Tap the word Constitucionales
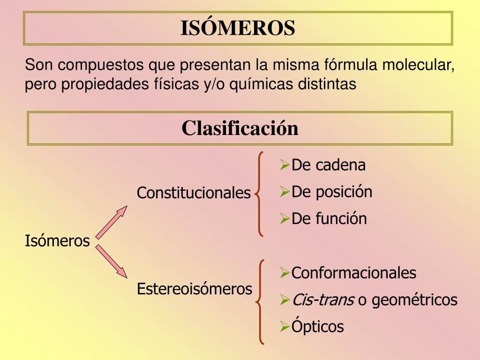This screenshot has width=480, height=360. tap(194, 193)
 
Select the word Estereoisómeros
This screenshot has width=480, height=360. tap(195, 288)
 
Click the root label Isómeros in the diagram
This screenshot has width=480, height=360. tap(57, 240)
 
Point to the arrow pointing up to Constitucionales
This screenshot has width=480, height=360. tap(112, 222)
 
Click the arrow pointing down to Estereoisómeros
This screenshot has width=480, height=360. tap(112, 261)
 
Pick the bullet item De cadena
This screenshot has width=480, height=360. tap(329, 165)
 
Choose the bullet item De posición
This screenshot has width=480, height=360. tap(332, 192)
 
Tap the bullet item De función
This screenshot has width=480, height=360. tap(329, 218)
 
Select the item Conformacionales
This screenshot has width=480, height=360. tap(354, 272)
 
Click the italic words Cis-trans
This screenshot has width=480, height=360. tap(323, 300)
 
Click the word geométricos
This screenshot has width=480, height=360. tap(414, 300)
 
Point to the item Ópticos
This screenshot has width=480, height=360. tap(317, 326)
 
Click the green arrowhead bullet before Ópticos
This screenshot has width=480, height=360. tap(285, 327)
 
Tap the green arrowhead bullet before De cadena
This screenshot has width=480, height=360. tap(285, 165)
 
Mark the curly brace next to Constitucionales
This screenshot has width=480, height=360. tap(259, 194)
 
